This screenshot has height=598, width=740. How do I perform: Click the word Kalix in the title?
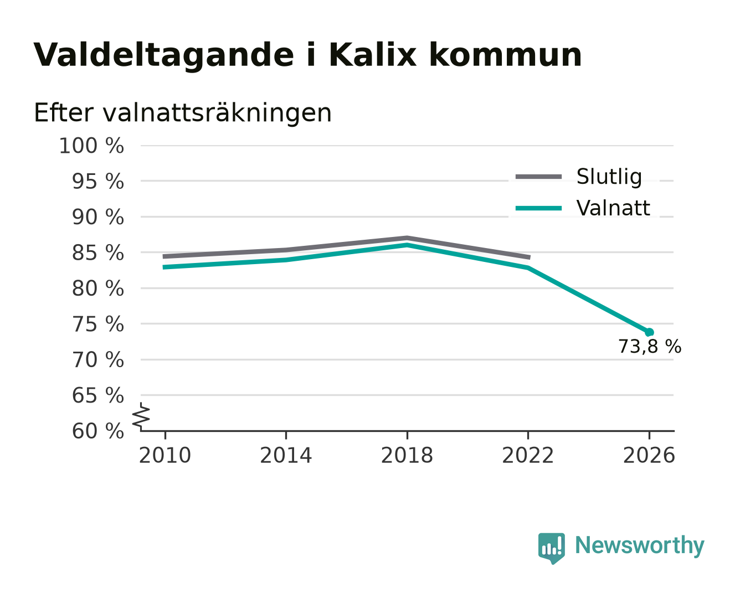[x=372, y=55]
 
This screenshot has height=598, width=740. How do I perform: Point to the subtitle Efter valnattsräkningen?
[x=183, y=113]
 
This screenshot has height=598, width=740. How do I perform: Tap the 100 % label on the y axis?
[x=91, y=146]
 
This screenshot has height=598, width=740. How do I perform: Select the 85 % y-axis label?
[x=98, y=252]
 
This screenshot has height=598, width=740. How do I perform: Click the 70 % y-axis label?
[x=98, y=359]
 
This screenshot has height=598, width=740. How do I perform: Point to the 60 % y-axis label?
[x=98, y=431]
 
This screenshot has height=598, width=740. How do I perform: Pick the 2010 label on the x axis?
[x=165, y=455]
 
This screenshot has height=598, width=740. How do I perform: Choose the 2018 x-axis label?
[x=407, y=455]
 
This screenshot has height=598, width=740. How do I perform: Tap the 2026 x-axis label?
[x=649, y=455]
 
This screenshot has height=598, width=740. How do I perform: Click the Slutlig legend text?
[x=609, y=177]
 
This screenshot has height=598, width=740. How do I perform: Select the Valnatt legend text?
[x=613, y=208]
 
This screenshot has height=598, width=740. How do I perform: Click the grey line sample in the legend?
[x=538, y=177]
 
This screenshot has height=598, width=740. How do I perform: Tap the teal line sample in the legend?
[x=538, y=208]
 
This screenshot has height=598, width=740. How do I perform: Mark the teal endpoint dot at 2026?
[x=649, y=332]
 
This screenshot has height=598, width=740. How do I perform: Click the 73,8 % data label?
[x=650, y=347]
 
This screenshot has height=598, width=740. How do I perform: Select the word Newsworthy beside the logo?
[x=640, y=545]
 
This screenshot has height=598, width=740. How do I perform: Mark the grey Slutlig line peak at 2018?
[x=407, y=238]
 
